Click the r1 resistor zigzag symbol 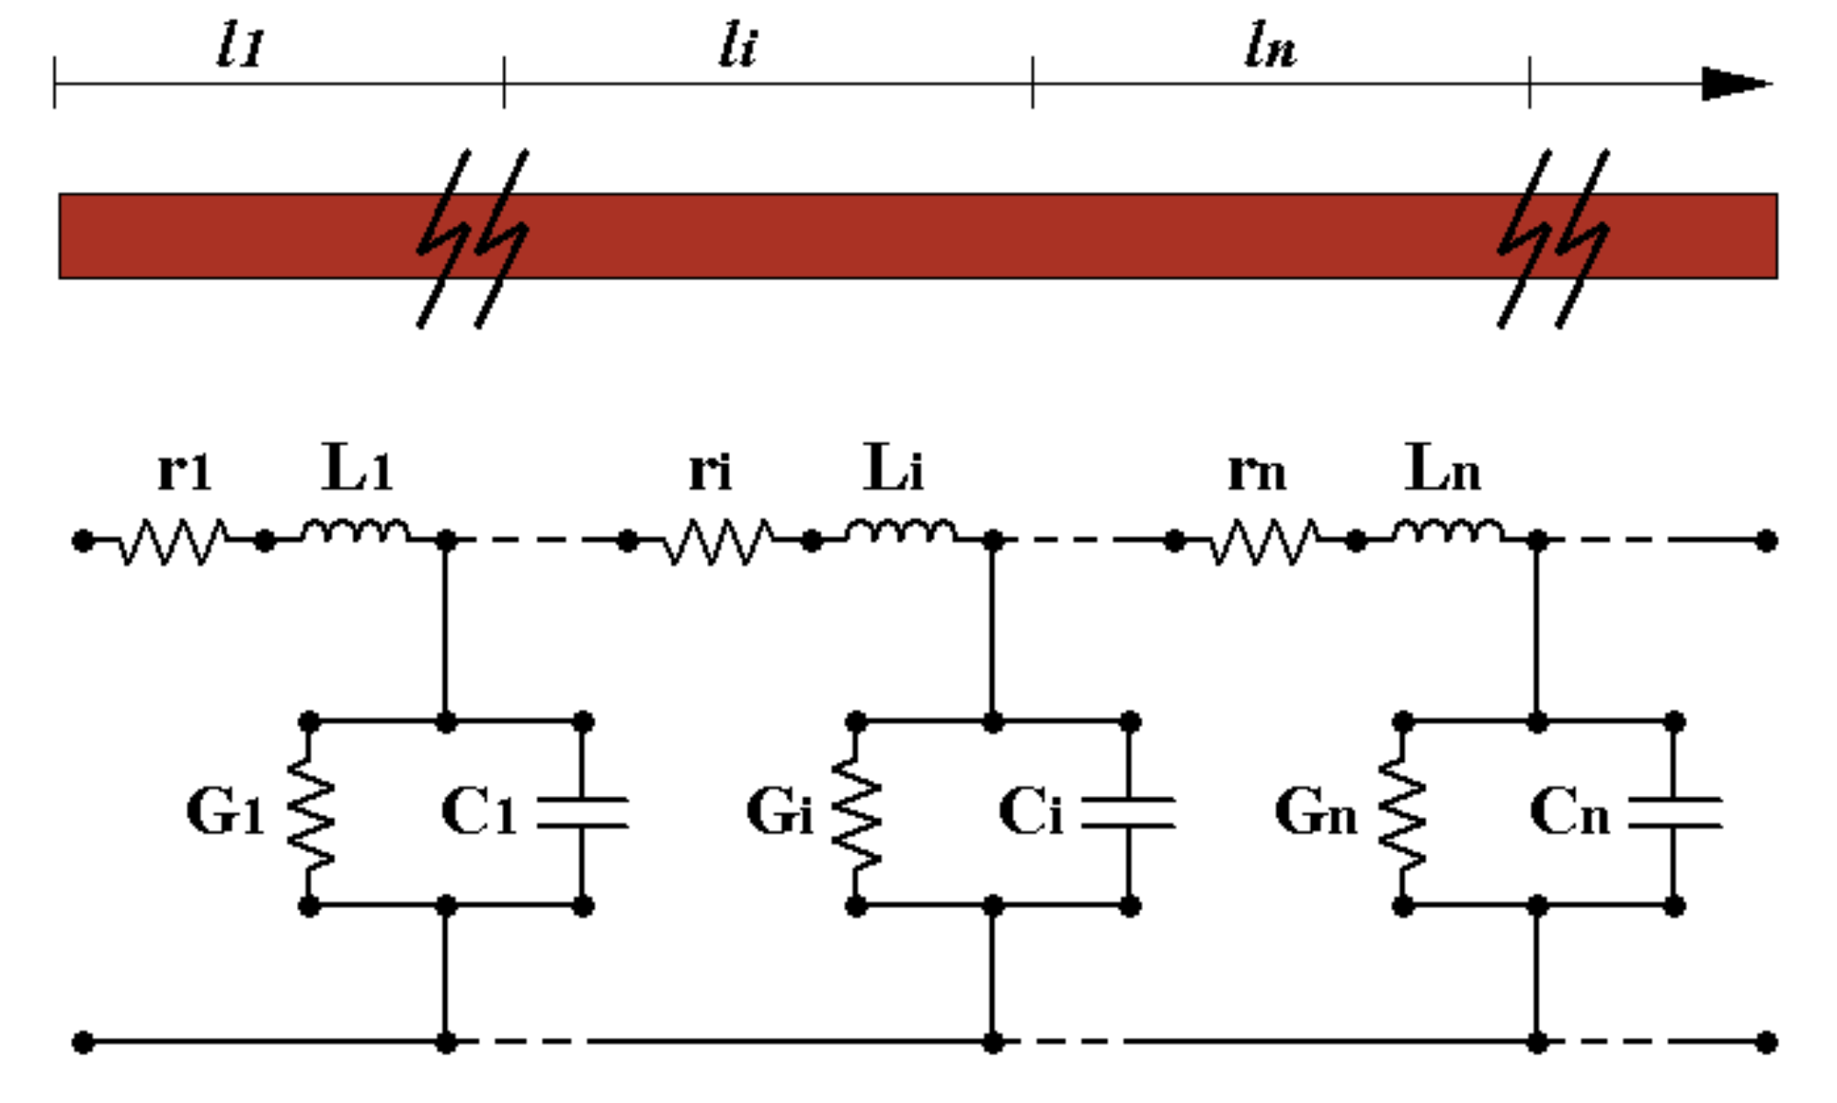(x=173, y=541)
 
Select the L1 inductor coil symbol (x=355, y=532)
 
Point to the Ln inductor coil (x=1447, y=532)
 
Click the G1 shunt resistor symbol (x=311, y=813)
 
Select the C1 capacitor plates (x=582, y=813)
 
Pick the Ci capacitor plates (x=1128, y=813)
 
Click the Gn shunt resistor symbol (x=1402, y=813)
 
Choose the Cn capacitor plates (x=1674, y=813)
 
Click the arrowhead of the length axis (x=1733, y=84)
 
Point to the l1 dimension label (x=241, y=46)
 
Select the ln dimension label (x=1271, y=46)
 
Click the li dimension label (x=737, y=46)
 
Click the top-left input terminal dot (x=83, y=541)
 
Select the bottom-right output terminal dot (x=1766, y=1042)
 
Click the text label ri (x=710, y=471)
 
